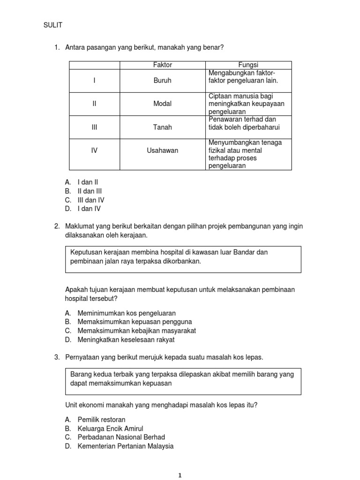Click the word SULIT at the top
tap(52, 25)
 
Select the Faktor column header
tap(163, 65)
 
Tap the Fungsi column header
tap(248, 65)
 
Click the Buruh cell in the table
tap(163, 81)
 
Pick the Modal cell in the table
tap(163, 104)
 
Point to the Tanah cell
tap(163, 127)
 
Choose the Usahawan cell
tap(163, 150)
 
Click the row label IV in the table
tap(94, 150)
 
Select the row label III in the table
tap(94, 127)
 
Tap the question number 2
tap(57, 226)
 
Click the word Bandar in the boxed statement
tap(257, 252)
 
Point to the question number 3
tap(57, 358)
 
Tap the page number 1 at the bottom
tap(180, 475)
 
